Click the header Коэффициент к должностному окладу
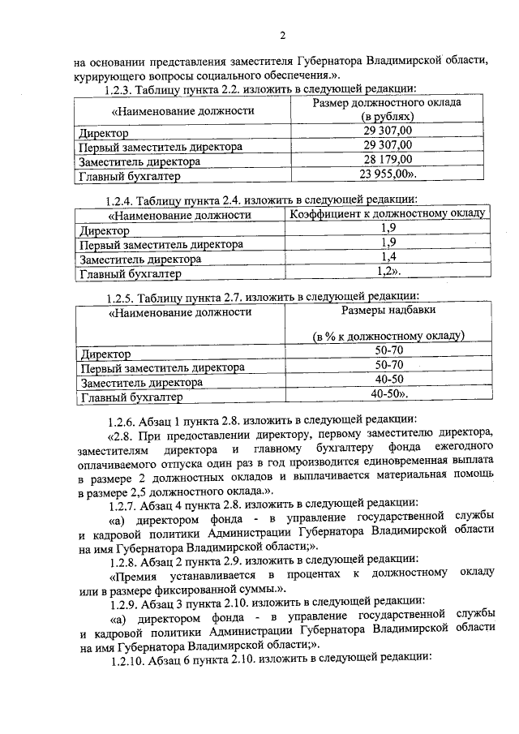(x=388, y=213)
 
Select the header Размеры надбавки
(x=388, y=310)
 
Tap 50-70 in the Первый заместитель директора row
(x=388, y=365)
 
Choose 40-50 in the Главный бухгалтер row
(x=388, y=394)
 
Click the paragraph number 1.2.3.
(x=120, y=89)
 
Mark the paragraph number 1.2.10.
(x=123, y=659)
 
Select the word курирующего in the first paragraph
(x=108, y=74)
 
